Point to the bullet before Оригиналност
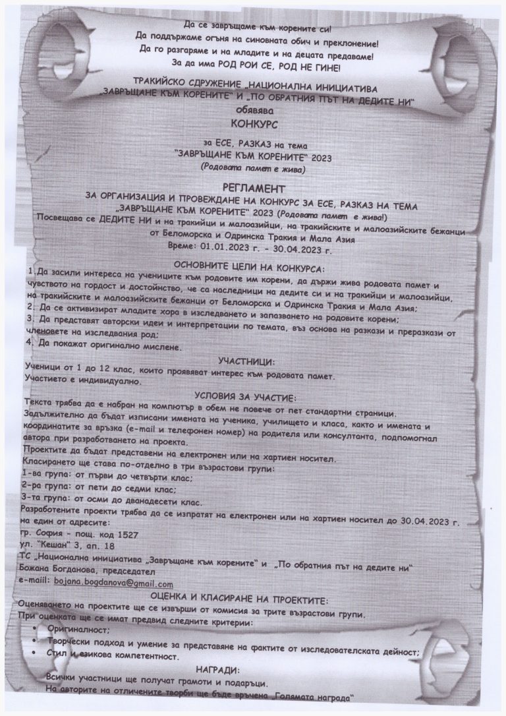(34, 630)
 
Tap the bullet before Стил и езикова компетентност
(34, 656)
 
